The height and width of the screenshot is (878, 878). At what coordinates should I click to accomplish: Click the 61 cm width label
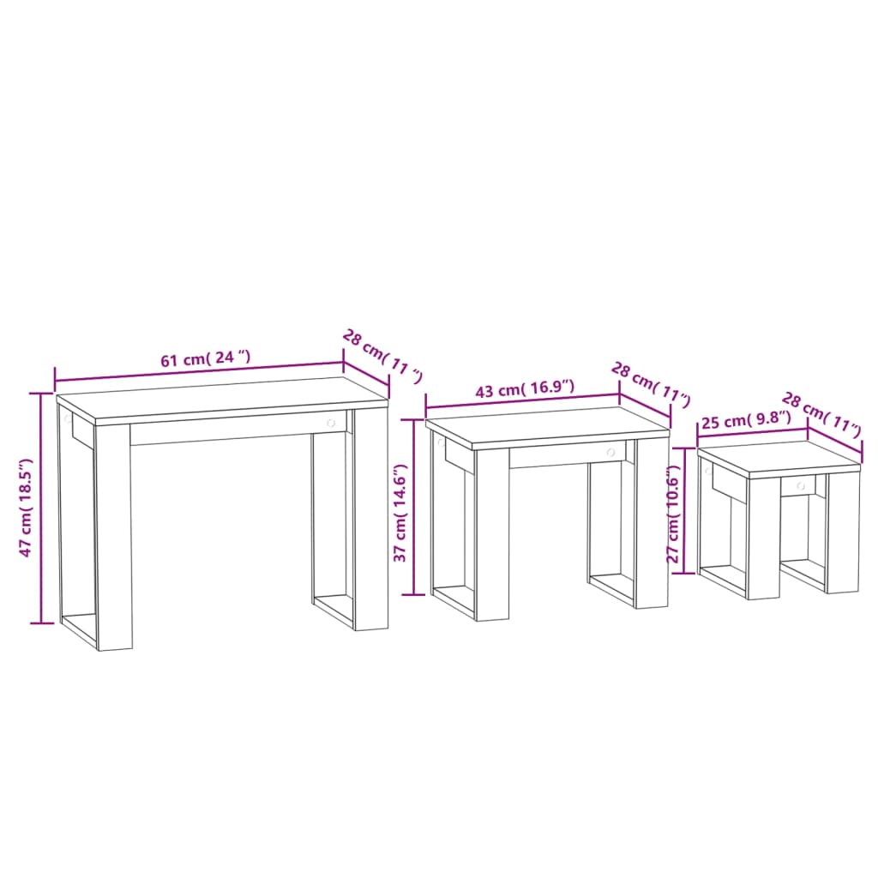pyautogui.click(x=206, y=359)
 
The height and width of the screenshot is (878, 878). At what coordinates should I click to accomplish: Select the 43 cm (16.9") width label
pyautogui.click(x=525, y=389)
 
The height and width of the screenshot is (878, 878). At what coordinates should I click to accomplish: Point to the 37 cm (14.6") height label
pyautogui.click(x=400, y=514)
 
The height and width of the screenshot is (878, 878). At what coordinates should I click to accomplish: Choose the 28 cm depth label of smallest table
pyautogui.click(x=821, y=413)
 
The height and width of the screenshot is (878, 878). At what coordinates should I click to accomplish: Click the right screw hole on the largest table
pyautogui.click(x=331, y=424)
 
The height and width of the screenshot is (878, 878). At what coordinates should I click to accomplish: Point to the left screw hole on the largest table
pyautogui.click(x=66, y=419)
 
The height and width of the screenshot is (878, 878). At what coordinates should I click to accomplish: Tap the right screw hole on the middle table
pyautogui.click(x=610, y=452)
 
